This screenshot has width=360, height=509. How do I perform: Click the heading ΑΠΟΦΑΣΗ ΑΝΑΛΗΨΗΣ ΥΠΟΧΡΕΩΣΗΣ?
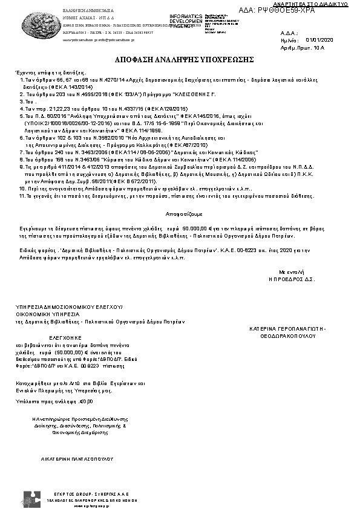(x=180, y=61)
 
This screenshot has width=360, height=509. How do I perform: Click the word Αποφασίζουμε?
(x=180, y=214)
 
